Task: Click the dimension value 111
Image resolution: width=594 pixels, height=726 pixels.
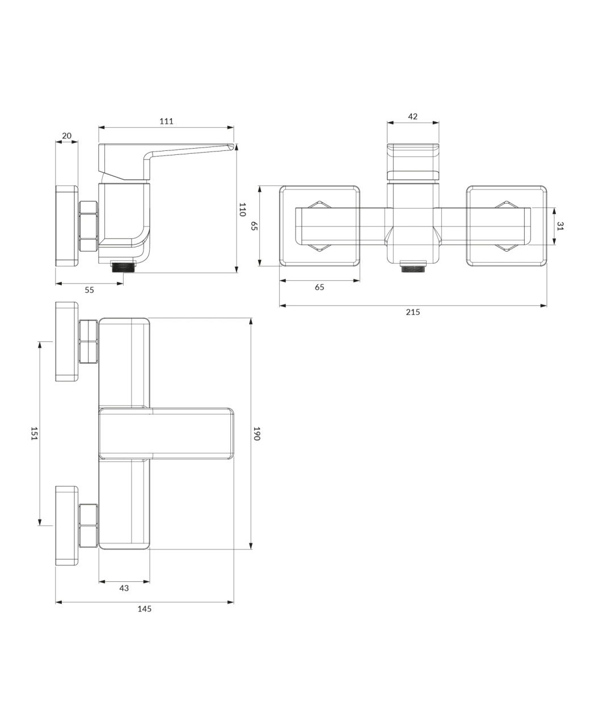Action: pyautogui.click(x=166, y=121)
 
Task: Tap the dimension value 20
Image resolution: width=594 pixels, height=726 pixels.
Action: pyautogui.click(x=67, y=136)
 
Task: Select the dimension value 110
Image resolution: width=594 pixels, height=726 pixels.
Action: pyautogui.click(x=242, y=209)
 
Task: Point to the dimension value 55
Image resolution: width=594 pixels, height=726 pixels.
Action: pyautogui.click(x=89, y=290)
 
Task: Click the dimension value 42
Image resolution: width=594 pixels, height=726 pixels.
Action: pyautogui.click(x=413, y=116)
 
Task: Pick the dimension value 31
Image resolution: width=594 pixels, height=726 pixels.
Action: pyautogui.click(x=561, y=226)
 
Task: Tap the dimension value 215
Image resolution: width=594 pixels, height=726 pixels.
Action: pyautogui.click(x=413, y=312)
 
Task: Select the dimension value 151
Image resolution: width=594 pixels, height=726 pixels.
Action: pyautogui.click(x=33, y=433)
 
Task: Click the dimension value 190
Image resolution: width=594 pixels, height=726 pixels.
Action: pyautogui.click(x=256, y=433)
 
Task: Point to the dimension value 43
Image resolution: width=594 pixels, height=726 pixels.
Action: pyautogui.click(x=124, y=588)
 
